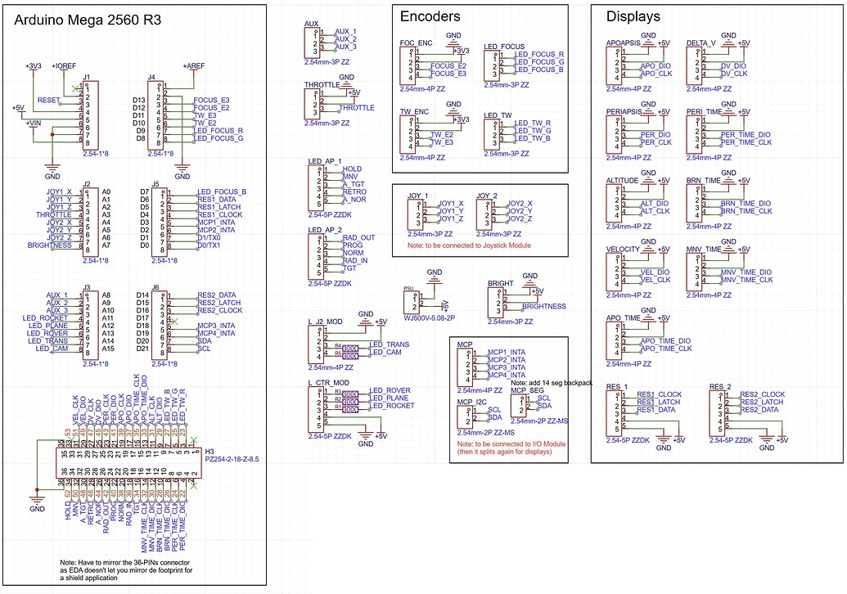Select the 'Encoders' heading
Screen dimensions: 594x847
click(430, 16)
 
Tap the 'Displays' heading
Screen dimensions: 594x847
click(633, 16)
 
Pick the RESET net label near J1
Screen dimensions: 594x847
click(49, 99)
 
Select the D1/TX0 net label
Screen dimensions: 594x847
click(209, 237)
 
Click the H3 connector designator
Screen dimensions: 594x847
click(209, 452)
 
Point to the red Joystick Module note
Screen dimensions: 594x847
click(469, 245)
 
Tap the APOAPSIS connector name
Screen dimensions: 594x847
click(624, 43)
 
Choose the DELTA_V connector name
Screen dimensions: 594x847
click(702, 43)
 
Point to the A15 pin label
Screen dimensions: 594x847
click(106, 349)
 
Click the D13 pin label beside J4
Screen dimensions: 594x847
click(139, 100)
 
